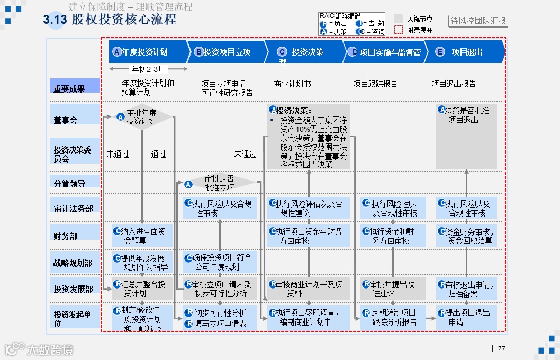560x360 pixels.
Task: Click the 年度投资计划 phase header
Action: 146,52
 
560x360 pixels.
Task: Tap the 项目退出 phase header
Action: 466,52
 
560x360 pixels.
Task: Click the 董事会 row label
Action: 66,120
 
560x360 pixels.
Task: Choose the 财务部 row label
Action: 66,236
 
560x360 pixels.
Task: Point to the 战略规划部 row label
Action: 73,263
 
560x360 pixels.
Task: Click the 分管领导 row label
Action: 69,183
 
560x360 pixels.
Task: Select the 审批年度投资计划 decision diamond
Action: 141,117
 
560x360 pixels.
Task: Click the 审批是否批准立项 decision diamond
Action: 219,183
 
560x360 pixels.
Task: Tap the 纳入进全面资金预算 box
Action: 142,236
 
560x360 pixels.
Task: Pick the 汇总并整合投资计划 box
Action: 142,289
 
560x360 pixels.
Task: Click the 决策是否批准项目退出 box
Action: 466,115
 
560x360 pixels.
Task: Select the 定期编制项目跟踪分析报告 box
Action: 393,317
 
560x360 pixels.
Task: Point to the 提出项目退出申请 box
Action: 466,317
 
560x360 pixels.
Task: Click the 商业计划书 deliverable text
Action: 292,84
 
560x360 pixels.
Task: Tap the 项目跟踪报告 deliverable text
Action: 375,84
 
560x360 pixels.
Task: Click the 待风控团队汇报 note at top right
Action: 478,21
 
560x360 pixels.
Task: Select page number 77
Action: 501,348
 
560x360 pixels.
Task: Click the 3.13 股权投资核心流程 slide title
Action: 110,20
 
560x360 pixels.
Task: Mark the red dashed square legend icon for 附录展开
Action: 399,30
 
